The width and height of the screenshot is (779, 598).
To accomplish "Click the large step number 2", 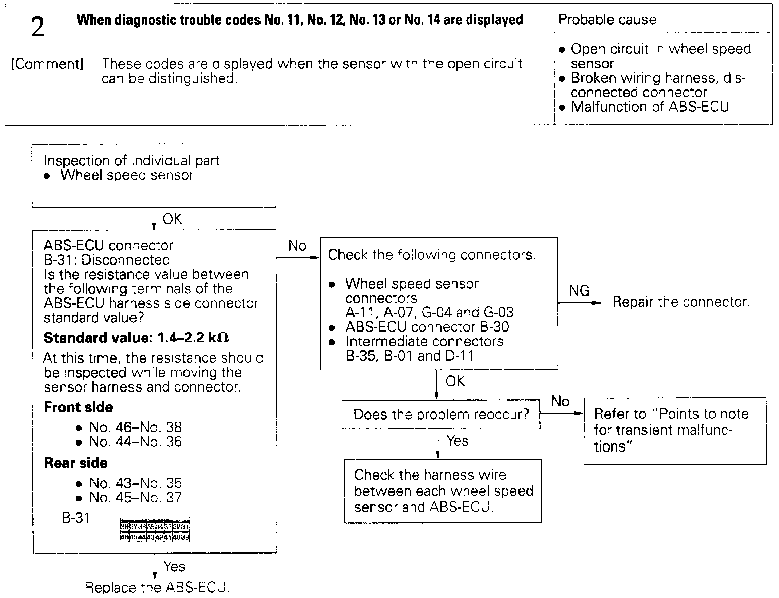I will tap(38, 28).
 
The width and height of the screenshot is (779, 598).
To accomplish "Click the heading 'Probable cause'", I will tap(607, 20).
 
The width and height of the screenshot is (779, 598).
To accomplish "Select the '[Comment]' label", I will tap(47, 65).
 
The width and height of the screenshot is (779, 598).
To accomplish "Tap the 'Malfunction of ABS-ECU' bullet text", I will tap(650, 107).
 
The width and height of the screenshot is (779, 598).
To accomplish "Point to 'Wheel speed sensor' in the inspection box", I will tap(126, 175).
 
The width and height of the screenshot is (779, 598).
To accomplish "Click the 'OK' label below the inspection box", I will tap(172, 218).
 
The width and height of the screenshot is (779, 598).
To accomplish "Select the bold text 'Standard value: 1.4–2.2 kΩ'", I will tap(137, 338).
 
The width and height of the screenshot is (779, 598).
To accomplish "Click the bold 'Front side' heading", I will tap(78, 407).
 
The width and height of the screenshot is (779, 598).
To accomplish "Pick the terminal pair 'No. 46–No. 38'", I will tap(136, 427).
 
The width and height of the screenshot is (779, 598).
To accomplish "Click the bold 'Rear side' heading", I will tap(76, 462).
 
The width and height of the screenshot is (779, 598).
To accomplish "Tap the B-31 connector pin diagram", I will tap(155, 530).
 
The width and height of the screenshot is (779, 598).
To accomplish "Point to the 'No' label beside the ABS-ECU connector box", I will tap(297, 245).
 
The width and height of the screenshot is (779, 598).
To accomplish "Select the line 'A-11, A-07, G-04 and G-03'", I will tap(430, 312).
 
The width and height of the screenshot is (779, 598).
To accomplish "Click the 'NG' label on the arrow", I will tap(579, 291).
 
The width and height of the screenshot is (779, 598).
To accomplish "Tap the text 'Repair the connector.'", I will tap(681, 302).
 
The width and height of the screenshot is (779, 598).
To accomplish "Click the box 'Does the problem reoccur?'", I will tap(441, 415).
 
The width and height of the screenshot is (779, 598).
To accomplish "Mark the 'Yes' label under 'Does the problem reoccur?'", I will tap(457, 441).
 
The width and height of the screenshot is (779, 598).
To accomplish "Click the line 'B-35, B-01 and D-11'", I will tap(410, 356).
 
